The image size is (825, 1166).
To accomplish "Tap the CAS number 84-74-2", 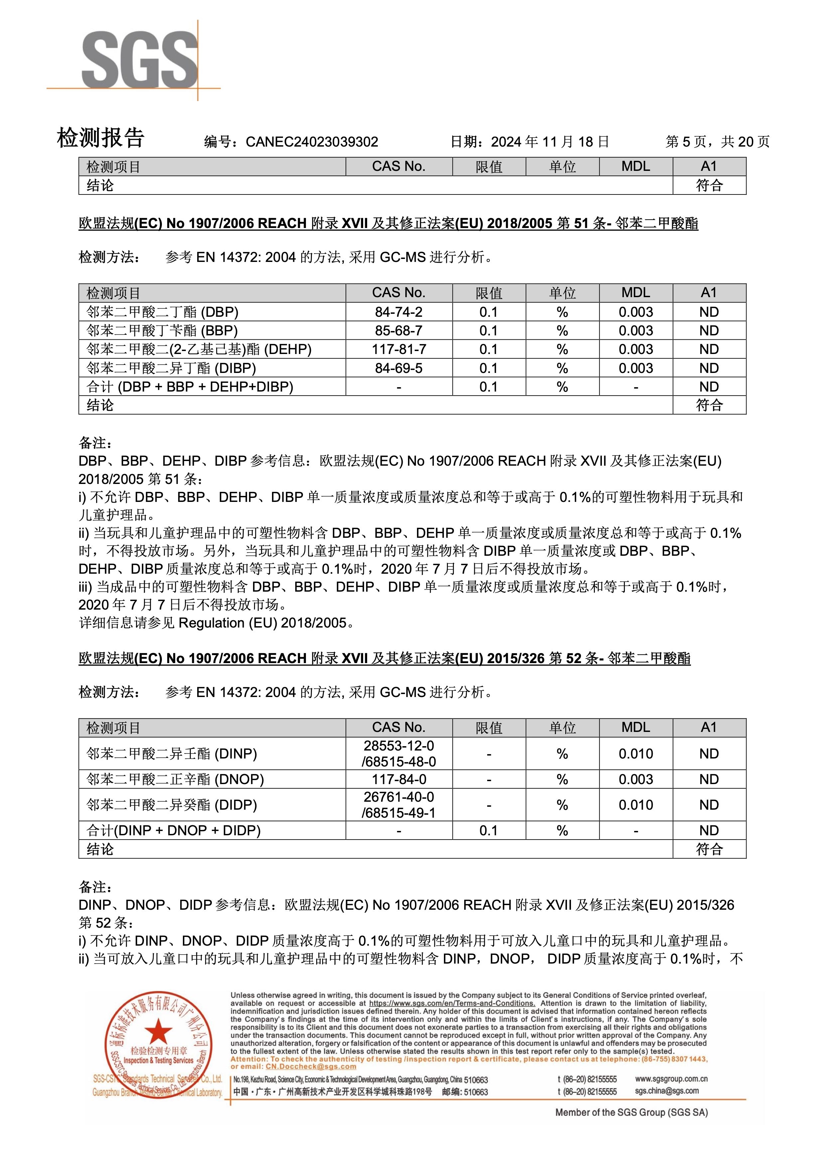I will pyautogui.click(x=398, y=312).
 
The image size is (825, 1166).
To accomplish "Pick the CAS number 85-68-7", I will pyautogui.click(x=398, y=331).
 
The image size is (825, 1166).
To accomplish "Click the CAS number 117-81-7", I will pyautogui.click(x=398, y=349).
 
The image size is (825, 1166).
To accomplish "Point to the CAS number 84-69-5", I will pyautogui.click(x=398, y=368).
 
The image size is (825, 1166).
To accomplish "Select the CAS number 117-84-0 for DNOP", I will pyautogui.click(x=398, y=779).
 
